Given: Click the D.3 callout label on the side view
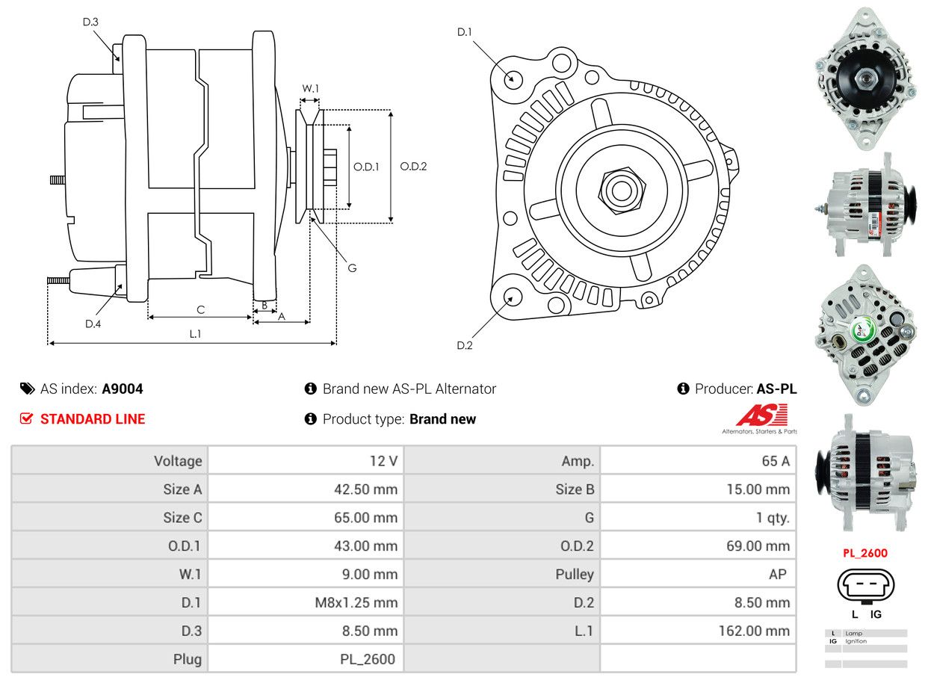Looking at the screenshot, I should pyautogui.click(x=90, y=22).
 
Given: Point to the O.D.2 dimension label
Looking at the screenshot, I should pyautogui.click(x=413, y=166).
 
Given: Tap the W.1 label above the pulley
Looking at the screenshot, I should pyautogui.click(x=310, y=88).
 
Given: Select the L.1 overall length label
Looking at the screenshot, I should pyautogui.click(x=195, y=333).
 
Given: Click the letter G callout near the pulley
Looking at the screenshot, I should pyautogui.click(x=352, y=268).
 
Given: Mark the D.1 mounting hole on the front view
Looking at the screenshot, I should pyautogui.click(x=513, y=78).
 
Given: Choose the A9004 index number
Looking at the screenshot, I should pyautogui.click(x=123, y=389).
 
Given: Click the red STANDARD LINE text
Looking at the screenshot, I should pyautogui.click(x=93, y=419).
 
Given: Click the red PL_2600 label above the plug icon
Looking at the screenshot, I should pyautogui.click(x=865, y=554).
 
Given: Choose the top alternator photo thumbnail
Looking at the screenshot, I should pyautogui.click(x=866, y=78).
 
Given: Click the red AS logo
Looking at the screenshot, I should pyautogui.click(x=761, y=415).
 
